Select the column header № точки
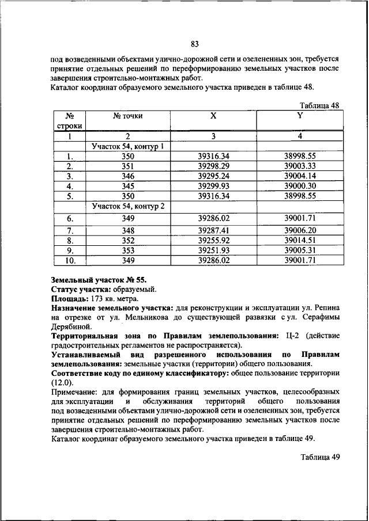(127, 116)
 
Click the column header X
(213, 116)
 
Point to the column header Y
(299, 115)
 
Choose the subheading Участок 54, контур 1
(128, 146)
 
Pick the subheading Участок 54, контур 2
(128, 206)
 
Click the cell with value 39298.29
(213, 166)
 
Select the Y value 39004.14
(300, 176)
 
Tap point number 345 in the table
(127, 186)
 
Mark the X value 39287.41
(213, 230)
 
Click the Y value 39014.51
(300, 240)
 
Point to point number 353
(127, 250)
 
